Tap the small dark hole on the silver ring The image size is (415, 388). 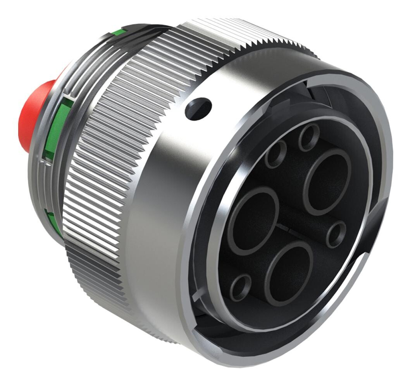(x=198, y=109)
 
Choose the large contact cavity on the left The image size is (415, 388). (x=253, y=221)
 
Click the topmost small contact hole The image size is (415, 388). (x=309, y=137)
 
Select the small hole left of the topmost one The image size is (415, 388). (x=276, y=154)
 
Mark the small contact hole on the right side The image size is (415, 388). (x=336, y=234)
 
